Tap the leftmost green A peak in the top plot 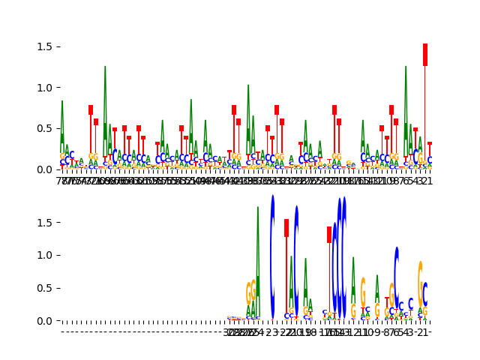point(62,127)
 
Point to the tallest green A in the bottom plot point(258,255)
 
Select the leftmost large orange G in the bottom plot point(249,293)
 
